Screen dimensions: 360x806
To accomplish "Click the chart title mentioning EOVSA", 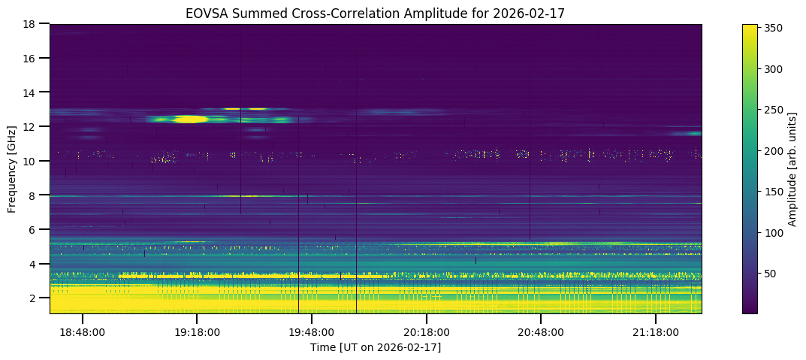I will pos(375,13).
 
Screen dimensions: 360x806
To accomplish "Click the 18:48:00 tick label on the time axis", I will pos(82,332).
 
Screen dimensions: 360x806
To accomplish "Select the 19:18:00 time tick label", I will pos(197,332).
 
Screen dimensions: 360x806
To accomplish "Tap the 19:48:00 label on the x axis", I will pos(312,332).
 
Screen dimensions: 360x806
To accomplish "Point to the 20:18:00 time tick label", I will pos(427,332).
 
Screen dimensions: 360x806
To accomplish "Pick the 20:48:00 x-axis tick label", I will pos(541,332).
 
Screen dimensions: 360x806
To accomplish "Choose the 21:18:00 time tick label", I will pos(656,332).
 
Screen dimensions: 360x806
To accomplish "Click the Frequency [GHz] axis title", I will pos(12,168).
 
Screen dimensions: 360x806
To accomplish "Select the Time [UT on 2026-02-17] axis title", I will pos(375,347).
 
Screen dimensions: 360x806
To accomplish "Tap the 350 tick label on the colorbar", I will pos(774,29).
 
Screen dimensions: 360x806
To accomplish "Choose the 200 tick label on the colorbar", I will pos(774,151).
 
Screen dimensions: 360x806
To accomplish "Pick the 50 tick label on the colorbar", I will pos(771,274).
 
